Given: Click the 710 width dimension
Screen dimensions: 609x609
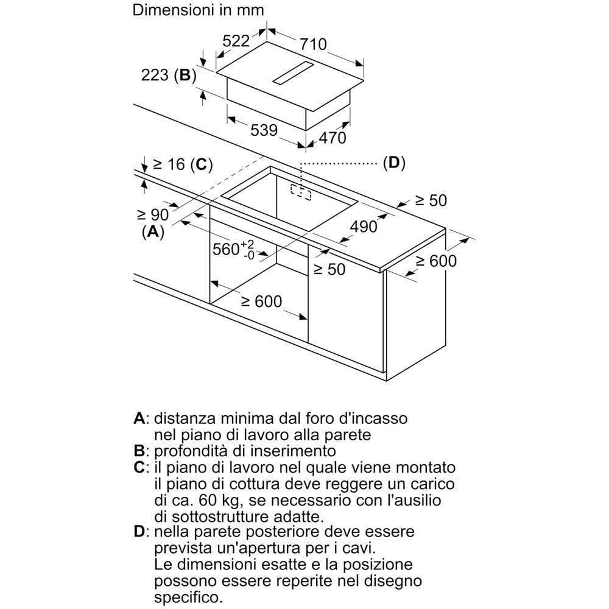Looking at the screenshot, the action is pyautogui.click(x=313, y=44).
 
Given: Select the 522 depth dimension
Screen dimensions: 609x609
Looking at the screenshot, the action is pyautogui.click(x=236, y=40).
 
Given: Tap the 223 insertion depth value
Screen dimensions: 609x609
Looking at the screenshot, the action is pyautogui.click(x=155, y=75).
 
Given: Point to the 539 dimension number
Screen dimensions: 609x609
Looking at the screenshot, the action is pyautogui.click(x=264, y=130).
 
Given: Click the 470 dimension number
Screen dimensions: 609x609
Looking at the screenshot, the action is pyautogui.click(x=333, y=138).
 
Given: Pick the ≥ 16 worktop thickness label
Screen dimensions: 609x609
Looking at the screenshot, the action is pyautogui.click(x=169, y=164).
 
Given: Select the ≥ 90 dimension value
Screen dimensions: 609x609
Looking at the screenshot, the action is pyautogui.click(x=153, y=214).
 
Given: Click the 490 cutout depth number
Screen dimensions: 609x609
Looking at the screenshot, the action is pyautogui.click(x=364, y=227).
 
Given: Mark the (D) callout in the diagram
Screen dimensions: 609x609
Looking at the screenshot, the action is pyautogui.click(x=394, y=163).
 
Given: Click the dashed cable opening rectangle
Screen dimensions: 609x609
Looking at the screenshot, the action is pyautogui.click(x=301, y=192).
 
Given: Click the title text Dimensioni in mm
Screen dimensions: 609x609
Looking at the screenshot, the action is pyautogui.click(x=198, y=10).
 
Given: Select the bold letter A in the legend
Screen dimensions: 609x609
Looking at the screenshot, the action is pyautogui.click(x=139, y=418).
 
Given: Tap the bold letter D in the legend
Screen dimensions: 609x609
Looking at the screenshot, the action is pyautogui.click(x=139, y=531).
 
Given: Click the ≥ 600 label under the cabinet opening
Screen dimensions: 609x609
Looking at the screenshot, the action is pyautogui.click(x=262, y=301).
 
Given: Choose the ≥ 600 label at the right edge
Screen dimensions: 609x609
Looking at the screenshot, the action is pyautogui.click(x=436, y=261).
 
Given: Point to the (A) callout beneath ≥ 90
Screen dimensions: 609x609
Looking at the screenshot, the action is pyautogui.click(x=153, y=232).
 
